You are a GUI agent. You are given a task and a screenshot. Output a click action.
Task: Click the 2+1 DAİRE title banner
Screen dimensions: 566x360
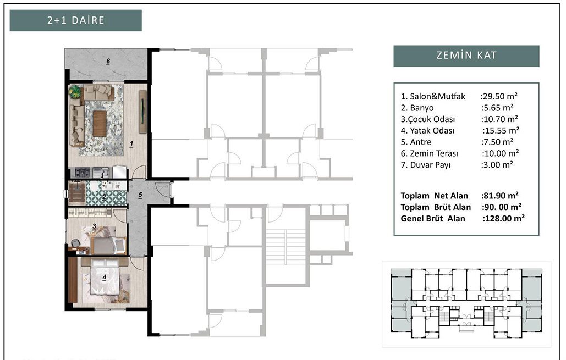point(75,20)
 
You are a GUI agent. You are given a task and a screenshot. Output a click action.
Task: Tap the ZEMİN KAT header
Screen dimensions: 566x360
point(466,56)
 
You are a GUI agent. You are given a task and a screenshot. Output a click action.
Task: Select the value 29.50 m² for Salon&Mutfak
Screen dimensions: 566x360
point(499,96)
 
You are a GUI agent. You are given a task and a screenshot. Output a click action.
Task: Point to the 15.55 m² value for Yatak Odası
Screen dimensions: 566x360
point(501,130)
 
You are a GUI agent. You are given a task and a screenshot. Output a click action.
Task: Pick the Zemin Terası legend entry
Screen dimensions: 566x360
point(429,153)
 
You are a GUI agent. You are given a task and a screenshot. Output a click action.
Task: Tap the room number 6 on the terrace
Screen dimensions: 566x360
point(108,62)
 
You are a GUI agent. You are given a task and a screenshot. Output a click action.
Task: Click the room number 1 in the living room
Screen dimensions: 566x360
point(131,143)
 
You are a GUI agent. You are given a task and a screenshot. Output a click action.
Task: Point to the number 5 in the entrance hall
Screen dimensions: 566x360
point(140,195)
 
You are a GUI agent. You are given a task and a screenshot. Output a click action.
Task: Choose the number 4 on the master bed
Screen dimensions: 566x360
point(105,278)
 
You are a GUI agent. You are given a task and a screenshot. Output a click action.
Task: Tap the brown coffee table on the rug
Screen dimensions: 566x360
point(100,123)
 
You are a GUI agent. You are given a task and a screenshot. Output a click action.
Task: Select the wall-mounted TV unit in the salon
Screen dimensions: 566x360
point(143,112)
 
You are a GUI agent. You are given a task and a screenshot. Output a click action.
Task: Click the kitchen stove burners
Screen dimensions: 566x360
point(83,173)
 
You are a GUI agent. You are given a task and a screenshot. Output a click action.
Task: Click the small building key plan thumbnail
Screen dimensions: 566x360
point(466,304)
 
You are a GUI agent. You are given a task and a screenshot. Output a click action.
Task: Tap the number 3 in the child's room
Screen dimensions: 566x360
point(94,226)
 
